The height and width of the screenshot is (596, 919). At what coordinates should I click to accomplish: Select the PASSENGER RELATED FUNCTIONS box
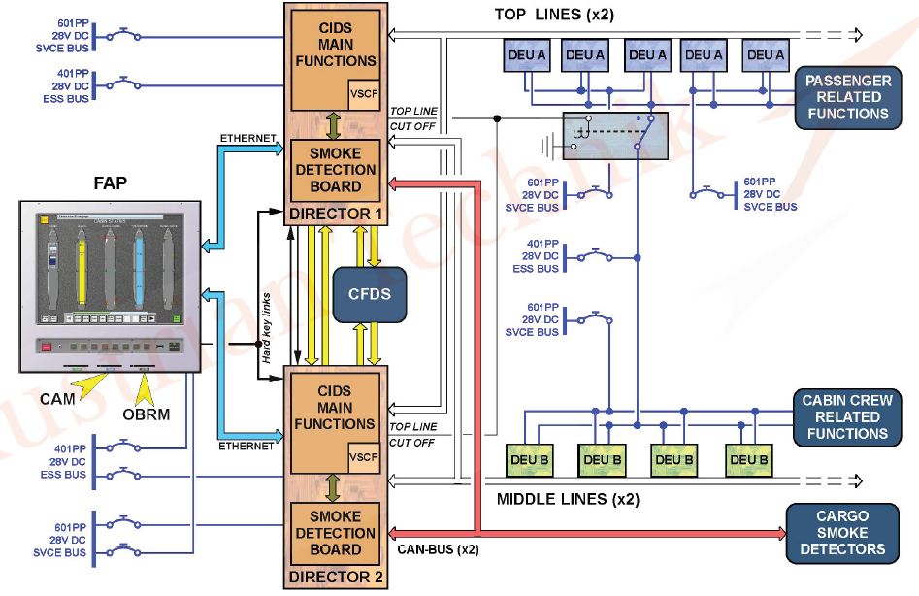click(846, 97)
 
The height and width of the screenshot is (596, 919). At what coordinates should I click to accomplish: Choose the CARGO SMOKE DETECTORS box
click(842, 533)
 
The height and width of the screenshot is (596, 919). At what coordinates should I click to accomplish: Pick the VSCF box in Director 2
click(362, 454)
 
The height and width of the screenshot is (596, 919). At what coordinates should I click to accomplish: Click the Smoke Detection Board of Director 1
click(335, 170)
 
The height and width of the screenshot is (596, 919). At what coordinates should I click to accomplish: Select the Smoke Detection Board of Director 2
click(335, 533)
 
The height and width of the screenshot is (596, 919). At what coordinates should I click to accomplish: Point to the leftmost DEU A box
click(527, 55)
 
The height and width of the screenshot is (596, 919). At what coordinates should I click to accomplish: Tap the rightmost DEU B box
click(748, 459)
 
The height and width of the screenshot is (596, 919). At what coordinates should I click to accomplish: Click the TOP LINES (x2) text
click(554, 14)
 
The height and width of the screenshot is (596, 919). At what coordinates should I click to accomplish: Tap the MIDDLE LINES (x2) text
click(568, 500)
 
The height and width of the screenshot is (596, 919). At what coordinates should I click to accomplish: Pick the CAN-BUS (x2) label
click(438, 550)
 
